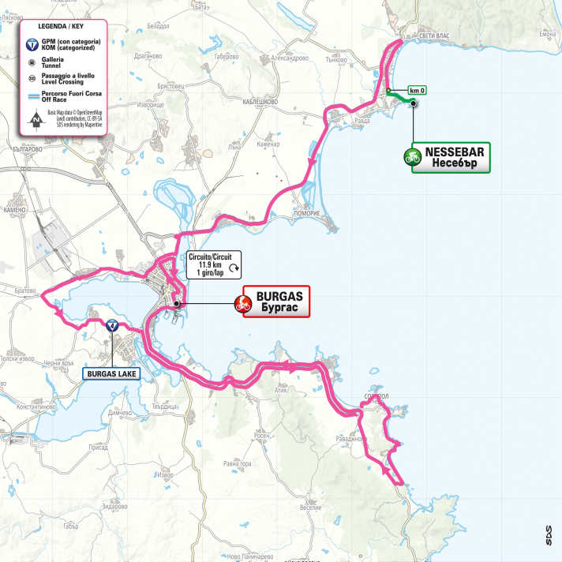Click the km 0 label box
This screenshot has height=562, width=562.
[x=417, y=89]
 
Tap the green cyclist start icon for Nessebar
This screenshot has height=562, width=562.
[x=411, y=157]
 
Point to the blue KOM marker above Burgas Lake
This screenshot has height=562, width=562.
[x=112, y=324]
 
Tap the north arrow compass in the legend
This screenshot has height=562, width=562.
[x=35, y=120]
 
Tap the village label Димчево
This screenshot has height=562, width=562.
[x=119, y=413]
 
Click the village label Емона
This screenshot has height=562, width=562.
[x=548, y=35]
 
